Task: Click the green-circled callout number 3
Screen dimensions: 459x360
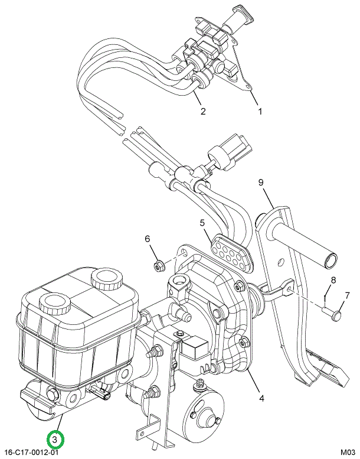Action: (54, 440)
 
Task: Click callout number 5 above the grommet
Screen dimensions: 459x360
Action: (202, 223)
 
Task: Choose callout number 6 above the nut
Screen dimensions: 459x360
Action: (148, 239)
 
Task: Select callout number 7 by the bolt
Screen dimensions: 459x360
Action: (347, 295)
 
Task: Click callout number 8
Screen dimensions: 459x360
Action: (333, 280)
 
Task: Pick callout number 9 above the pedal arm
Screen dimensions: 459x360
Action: (260, 183)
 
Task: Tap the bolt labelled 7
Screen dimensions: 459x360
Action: (335, 314)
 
